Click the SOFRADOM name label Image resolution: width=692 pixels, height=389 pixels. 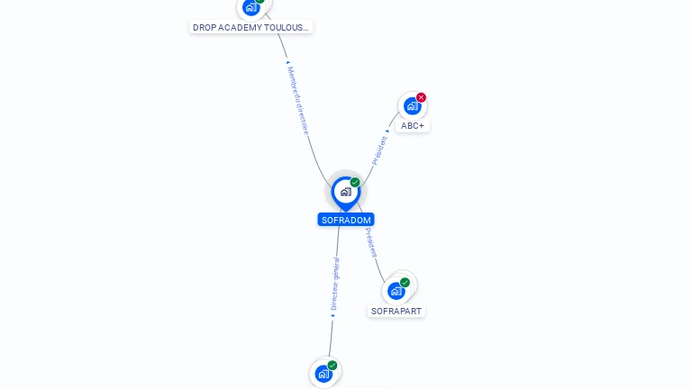[x=346, y=220]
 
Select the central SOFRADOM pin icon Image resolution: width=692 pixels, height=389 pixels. [x=345, y=192]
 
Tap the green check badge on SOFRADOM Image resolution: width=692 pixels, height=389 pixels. [x=355, y=183]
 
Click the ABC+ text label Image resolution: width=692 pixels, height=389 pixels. [x=413, y=126]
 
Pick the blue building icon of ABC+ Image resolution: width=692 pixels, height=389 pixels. [x=412, y=106]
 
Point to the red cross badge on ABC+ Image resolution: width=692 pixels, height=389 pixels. [x=421, y=97]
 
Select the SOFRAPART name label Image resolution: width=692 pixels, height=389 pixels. [x=396, y=312]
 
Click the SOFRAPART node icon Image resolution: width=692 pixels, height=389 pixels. [x=396, y=291]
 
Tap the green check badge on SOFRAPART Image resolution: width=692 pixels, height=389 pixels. [x=405, y=283]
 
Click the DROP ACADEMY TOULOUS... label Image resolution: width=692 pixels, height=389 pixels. [x=251, y=28]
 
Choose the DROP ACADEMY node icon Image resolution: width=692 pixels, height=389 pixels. [x=250, y=7]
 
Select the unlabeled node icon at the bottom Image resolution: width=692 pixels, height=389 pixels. [x=323, y=374]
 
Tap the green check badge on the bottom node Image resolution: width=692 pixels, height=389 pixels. [x=332, y=366]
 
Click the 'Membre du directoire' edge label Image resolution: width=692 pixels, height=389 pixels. [x=298, y=100]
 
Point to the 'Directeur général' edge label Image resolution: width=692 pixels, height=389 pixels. [x=335, y=284]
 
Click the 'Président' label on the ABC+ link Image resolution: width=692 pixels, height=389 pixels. [x=380, y=149]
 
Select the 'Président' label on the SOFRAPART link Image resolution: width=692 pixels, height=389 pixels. [x=371, y=242]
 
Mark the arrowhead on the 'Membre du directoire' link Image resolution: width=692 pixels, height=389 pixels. [x=287, y=62]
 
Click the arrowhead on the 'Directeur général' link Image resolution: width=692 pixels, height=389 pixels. [x=332, y=315]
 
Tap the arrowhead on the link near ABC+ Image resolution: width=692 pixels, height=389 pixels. [x=388, y=131]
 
